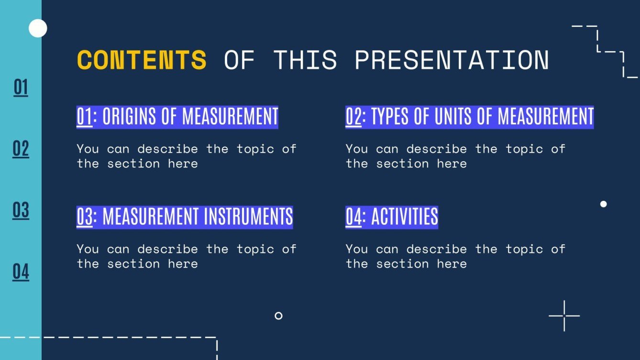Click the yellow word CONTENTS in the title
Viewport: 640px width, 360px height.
142,60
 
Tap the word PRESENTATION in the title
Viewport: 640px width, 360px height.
451,60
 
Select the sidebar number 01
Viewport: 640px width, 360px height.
21,87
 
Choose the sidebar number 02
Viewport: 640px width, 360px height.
21,149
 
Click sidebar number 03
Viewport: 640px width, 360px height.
21,210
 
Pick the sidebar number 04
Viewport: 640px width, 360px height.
21,272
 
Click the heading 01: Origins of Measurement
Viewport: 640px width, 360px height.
177,117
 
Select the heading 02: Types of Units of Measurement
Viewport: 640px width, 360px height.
469,117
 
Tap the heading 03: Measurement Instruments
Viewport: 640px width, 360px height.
185,217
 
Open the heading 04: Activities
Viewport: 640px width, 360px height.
391,217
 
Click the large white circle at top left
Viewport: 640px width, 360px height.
38,29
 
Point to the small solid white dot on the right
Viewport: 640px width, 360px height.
603,204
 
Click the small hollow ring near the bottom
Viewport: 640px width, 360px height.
278,316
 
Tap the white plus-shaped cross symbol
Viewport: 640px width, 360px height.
564,316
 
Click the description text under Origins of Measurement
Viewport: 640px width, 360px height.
186,156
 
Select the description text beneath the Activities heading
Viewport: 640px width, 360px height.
455,256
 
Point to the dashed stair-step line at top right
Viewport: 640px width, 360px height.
605,50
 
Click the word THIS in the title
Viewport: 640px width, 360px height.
305,60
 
